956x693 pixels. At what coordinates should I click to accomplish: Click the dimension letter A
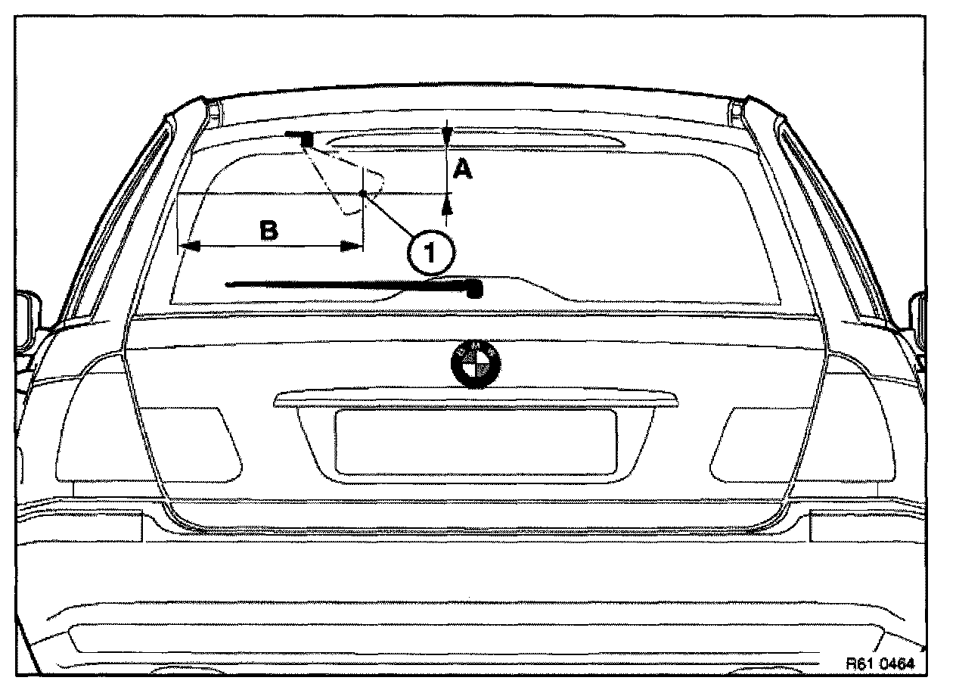click(461, 171)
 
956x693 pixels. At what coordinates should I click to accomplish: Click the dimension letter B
click(268, 230)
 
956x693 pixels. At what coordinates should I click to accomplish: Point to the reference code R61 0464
click(880, 664)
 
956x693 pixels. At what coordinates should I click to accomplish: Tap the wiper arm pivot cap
click(474, 289)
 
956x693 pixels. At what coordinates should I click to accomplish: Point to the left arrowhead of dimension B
click(188, 246)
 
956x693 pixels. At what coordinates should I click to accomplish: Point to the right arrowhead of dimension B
click(352, 246)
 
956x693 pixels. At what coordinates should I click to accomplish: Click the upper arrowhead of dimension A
click(448, 138)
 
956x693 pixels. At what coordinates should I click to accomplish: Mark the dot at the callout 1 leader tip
click(364, 194)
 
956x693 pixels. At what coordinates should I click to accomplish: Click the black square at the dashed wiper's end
click(307, 138)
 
